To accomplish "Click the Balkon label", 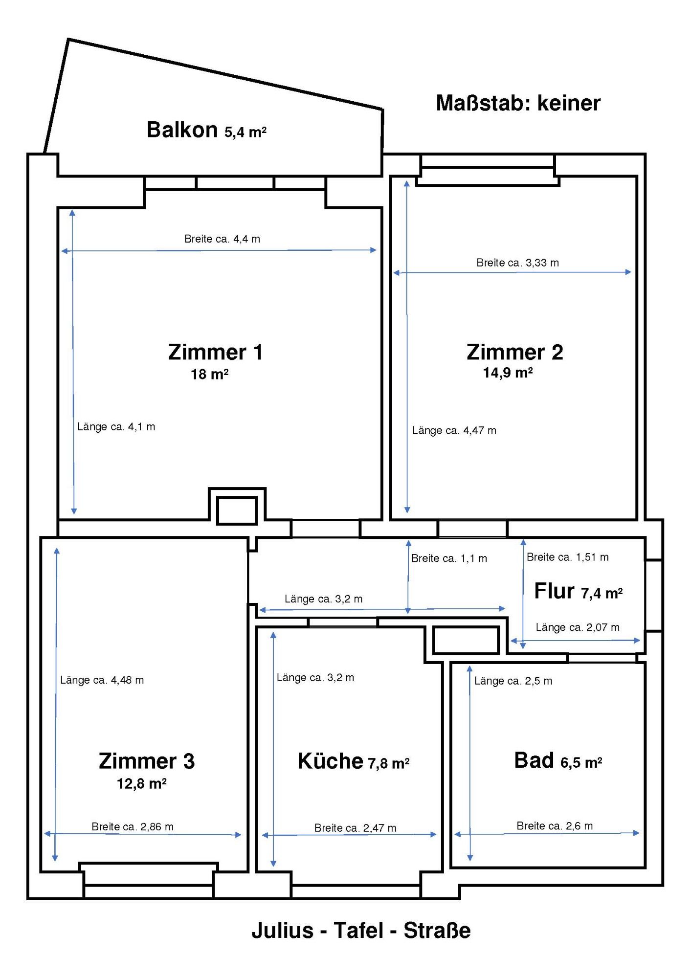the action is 182,130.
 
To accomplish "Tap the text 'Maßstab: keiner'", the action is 518,103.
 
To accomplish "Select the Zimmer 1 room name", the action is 216,352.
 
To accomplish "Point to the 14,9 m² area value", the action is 508,373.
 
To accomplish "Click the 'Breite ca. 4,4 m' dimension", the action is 222,239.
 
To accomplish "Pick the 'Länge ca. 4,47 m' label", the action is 454,430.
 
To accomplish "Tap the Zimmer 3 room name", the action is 147,761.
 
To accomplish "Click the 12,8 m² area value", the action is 141,784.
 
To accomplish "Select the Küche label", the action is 330,761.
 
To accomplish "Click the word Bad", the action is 534,760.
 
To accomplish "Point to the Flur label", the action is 554,591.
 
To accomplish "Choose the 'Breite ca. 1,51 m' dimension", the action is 567,557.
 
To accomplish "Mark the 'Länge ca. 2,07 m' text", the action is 578,627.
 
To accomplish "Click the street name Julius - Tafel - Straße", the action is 361,931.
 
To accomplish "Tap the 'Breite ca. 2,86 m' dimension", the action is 133,826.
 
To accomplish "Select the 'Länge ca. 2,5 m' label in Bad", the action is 513,681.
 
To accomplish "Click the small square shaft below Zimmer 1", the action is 237,511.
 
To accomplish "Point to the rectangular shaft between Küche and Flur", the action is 466,640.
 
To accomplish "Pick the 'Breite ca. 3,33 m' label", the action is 517,263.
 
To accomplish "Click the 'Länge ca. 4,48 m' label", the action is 102,680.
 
